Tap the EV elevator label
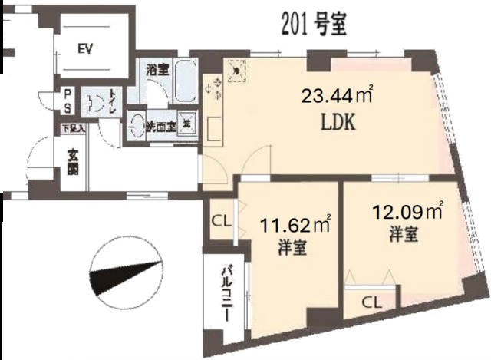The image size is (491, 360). tap(85, 50)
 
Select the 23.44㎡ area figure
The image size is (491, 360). tap(335, 97)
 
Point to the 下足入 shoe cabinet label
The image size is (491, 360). tap(74, 128)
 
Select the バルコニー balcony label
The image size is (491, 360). tap(229, 295)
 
